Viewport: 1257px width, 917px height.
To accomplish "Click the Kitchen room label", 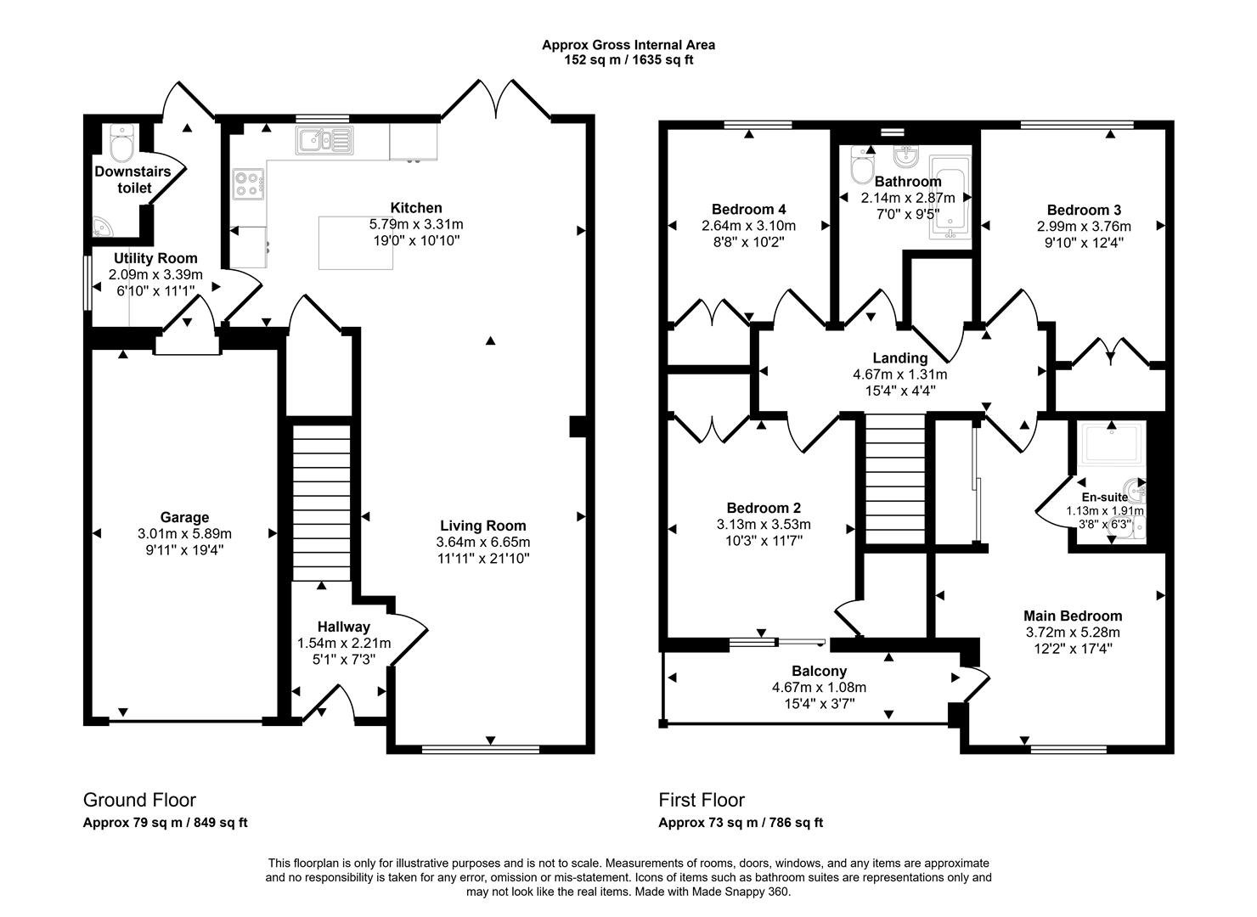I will pyautogui.click(x=415, y=208).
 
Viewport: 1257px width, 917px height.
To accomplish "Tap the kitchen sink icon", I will pyautogui.click(x=324, y=140).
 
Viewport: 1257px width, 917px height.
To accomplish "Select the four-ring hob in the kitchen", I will pyautogui.click(x=248, y=183).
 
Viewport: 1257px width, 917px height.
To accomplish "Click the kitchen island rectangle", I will pyautogui.click(x=356, y=243).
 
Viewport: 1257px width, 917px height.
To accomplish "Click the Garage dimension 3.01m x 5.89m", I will pyautogui.click(x=184, y=534).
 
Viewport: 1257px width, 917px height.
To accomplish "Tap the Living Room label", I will pyautogui.click(x=482, y=526).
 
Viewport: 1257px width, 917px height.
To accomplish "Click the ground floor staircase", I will pyautogui.click(x=321, y=501).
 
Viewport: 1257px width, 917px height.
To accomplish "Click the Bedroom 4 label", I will pyautogui.click(x=748, y=210).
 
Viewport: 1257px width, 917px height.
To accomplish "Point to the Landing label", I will pyautogui.click(x=900, y=358).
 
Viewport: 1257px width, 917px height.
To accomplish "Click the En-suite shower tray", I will pyautogui.click(x=1111, y=443).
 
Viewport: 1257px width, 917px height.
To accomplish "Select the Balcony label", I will pyautogui.click(x=819, y=671).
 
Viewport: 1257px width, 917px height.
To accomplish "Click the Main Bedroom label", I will pyautogui.click(x=1072, y=616).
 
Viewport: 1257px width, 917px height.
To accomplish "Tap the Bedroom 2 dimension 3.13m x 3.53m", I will pyautogui.click(x=763, y=524).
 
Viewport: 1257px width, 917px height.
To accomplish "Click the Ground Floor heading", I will pyautogui.click(x=139, y=800).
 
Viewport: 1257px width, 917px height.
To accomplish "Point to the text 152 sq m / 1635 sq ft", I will pyautogui.click(x=628, y=60).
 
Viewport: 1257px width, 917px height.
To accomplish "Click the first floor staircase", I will pyautogui.click(x=893, y=480).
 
